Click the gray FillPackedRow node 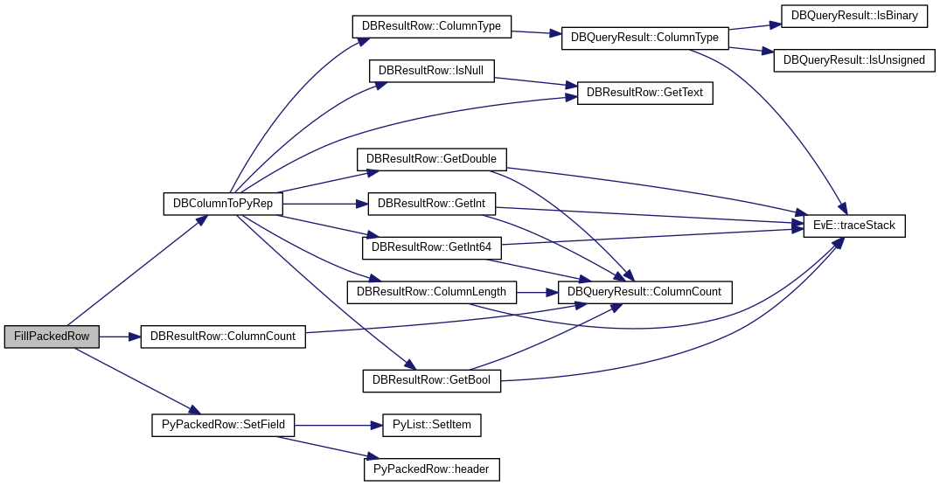pyautogui.click(x=52, y=337)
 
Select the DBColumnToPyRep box pyautogui.click(x=223, y=204)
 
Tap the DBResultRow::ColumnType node pyautogui.click(x=431, y=26)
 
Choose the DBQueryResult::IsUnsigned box pyautogui.click(x=854, y=60)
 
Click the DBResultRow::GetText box pyautogui.click(x=644, y=93)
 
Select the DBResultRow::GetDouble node pyautogui.click(x=431, y=159)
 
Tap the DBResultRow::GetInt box pyautogui.click(x=432, y=204)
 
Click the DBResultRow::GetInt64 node pyautogui.click(x=432, y=247)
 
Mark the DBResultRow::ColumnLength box pyautogui.click(x=432, y=292)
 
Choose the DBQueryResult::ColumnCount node pyautogui.click(x=645, y=292)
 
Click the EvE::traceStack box pyautogui.click(x=854, y=226)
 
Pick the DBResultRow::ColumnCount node pyautogui.click(x=223, y=337)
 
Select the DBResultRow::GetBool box pyautogui.click(x=432, y=380)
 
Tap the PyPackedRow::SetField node pyautogui.click(x=223, y=426)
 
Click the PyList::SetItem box pyautogui.click(x=432, y=426)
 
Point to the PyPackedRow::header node pyautogui.click(x=432, y=469)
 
